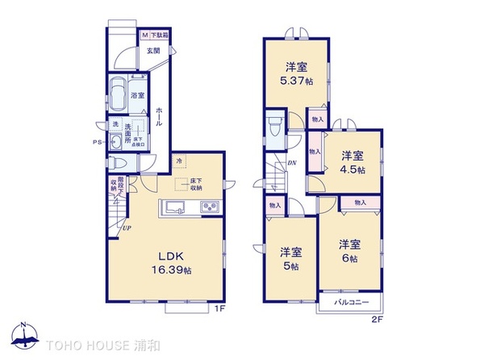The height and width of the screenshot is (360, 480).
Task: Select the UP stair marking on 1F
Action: point(127,229)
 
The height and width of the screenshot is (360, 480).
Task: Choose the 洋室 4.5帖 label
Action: point(351,163)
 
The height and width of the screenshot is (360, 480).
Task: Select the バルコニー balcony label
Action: point(352,303)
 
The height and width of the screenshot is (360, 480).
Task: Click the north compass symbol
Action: point(24,337)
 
